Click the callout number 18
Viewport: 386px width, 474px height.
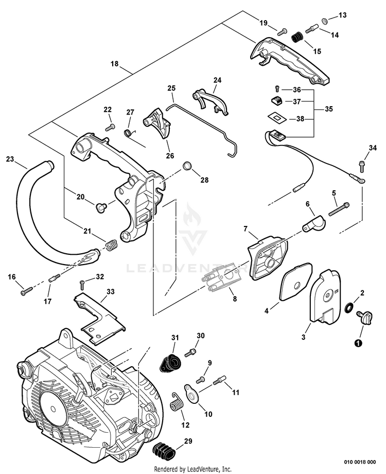point(114,64)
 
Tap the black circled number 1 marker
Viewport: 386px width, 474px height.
point(357,341)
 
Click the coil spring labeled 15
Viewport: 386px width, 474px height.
point(297,38)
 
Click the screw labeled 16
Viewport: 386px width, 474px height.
point(26,292)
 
